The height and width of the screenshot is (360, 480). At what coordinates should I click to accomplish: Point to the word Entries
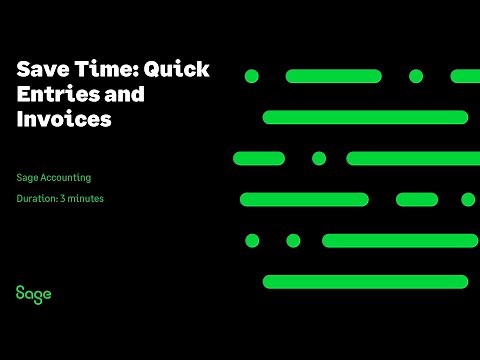(x=52, y=95)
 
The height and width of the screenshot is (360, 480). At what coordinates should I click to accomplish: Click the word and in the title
(x=124, y=95)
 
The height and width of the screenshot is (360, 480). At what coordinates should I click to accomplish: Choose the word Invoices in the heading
(x=63, y=120)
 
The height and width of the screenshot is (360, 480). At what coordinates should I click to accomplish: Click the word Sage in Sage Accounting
(x=28, y=178)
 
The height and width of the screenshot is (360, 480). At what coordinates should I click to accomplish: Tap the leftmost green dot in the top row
(x=252, y=76)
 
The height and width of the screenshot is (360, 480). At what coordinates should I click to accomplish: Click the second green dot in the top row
(x=416, y=76)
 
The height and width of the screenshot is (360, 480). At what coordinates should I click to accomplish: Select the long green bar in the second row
(x=365, y=117)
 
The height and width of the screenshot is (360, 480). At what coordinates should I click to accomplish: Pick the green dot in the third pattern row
(x=319, y=158)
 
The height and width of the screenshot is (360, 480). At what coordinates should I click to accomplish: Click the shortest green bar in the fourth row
(x=417, y=199)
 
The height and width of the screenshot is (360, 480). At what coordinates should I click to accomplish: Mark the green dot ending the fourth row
(x=468, y=199)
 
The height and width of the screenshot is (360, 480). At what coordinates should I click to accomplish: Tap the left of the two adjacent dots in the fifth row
(x=252, y=240)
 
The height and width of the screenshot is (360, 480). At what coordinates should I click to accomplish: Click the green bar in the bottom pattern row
(x=365, y=281)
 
